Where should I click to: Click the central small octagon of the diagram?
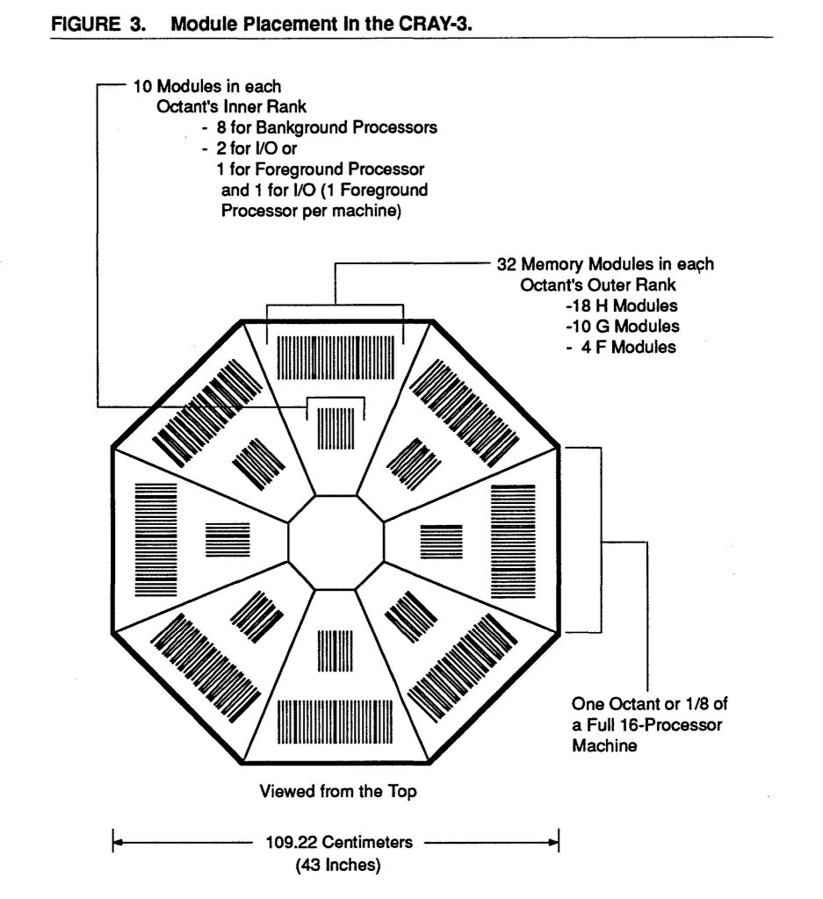[x=336, y=538]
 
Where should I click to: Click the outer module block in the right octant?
[x=511, y=539]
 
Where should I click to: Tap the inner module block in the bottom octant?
[x=336, y=651]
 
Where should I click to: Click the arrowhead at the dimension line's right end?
[x=555, y=843]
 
